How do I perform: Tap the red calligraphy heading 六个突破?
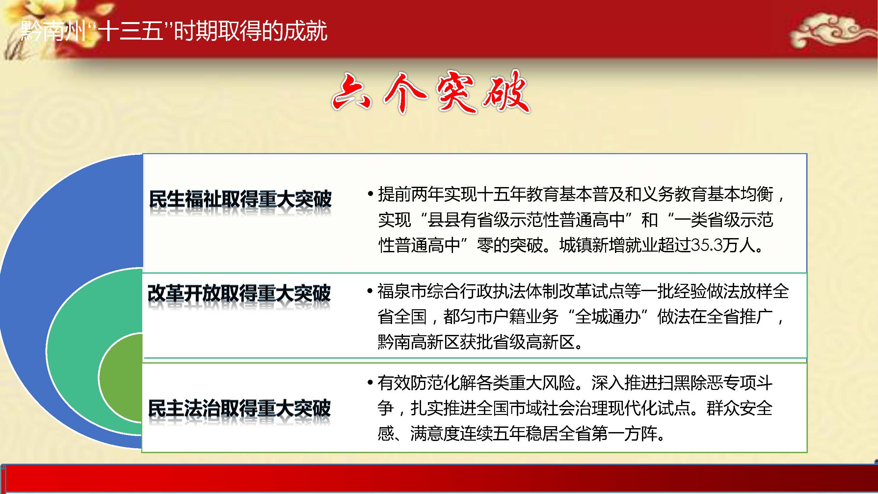click(x=431, y=92)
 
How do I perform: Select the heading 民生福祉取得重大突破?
click(x=240, y=199)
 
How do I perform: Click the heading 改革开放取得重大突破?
click(x=239, y=293)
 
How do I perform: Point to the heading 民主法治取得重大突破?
click(x=239, y=408)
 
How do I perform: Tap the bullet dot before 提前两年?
click(x=370, y=194)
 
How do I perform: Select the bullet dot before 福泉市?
click(x=370, y=291)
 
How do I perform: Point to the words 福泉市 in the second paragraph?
click(x=402, y=291)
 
